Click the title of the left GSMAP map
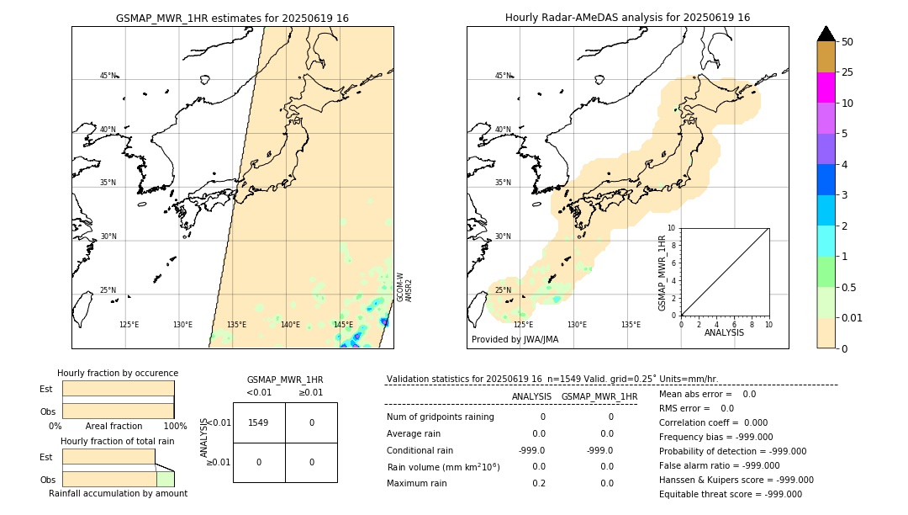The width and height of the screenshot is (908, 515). pos(232,18)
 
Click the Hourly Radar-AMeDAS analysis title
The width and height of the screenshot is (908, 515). pos(627,18)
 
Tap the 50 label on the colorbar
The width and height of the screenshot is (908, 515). pos(847,41)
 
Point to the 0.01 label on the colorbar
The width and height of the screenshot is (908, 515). pos(853,317)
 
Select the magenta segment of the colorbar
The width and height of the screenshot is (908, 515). pos(826,88)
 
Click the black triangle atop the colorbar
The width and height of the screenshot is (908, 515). pos(826,34)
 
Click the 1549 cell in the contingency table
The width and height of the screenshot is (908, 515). pos(259,422)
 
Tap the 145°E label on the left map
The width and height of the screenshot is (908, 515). pos(343,325)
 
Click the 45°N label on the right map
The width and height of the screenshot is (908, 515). pos(503,76)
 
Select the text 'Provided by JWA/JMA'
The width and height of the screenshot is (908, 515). pos(515,340)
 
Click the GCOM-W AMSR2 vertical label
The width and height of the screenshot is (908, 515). pos(404,287)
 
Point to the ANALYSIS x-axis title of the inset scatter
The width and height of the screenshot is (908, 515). pos(725,332)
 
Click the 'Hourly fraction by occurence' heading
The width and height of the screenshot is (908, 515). pos(118,373)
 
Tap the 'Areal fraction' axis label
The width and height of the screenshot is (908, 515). pos(113,426)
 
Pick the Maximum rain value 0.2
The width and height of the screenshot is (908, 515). pos(539,483)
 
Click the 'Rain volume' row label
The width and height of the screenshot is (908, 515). pos(443,466)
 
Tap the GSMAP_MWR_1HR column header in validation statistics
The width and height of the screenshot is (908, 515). pos(599,396)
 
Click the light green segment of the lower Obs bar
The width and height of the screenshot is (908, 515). pos(165,479)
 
